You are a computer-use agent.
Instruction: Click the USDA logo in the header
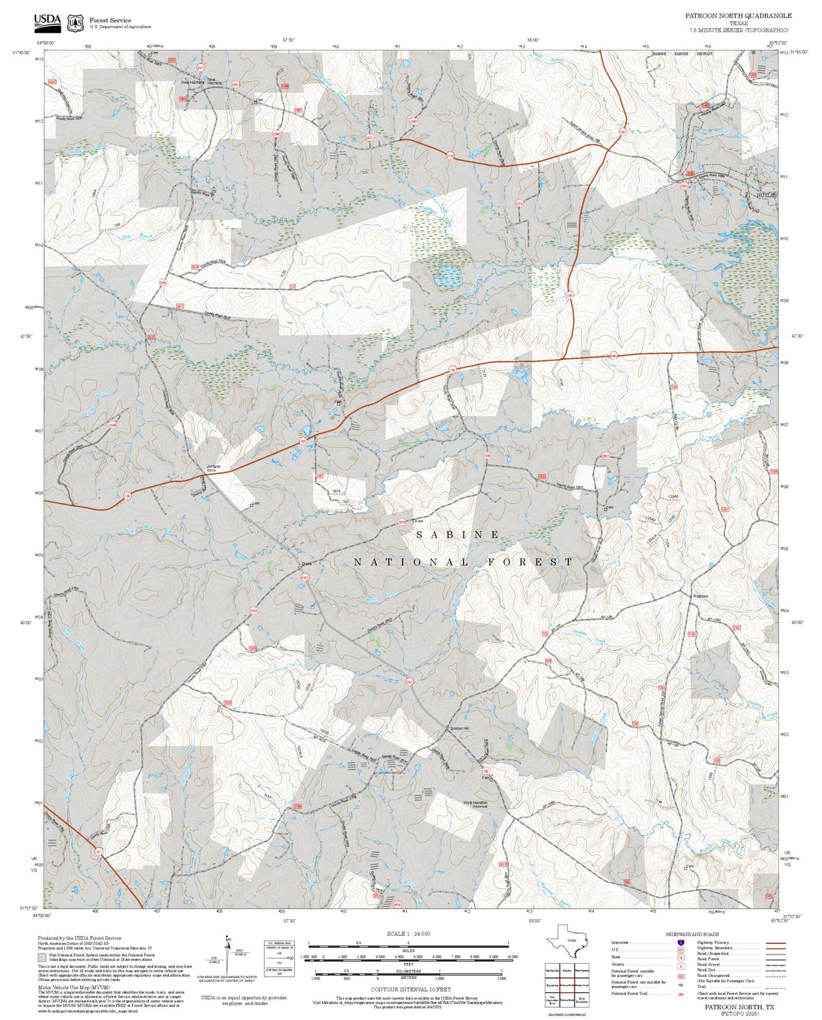[x=47, y=22]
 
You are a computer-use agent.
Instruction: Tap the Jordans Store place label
[x=213, y=468]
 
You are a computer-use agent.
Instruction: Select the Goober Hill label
[x=460, y=728]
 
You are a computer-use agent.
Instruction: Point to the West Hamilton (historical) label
[x=475, y=804]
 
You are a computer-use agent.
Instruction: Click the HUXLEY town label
[x=766, y=195]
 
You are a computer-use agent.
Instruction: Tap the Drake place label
[x=307, y=564]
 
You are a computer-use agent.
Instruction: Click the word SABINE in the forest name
[x=458, y=534]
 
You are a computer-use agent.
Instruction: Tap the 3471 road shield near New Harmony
[x=200, y=68]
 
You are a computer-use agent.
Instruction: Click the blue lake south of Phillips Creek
[x=448, y=276]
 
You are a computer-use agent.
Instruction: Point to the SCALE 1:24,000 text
[x=408, y=934]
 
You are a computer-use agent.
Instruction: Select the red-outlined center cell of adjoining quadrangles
[x=567, y=985]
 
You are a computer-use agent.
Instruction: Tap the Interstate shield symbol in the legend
[x=680, y=943]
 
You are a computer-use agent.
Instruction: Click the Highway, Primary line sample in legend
[x=775, y=943]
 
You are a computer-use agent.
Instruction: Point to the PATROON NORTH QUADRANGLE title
[x=738, y=16]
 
